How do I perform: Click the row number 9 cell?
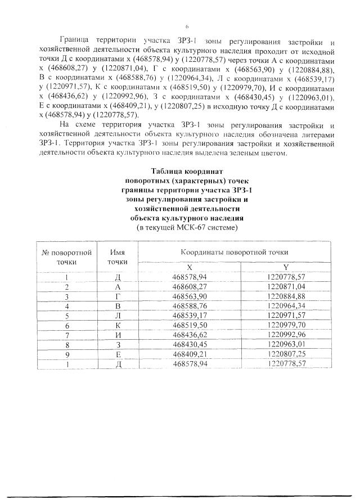(x=66, y=354)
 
